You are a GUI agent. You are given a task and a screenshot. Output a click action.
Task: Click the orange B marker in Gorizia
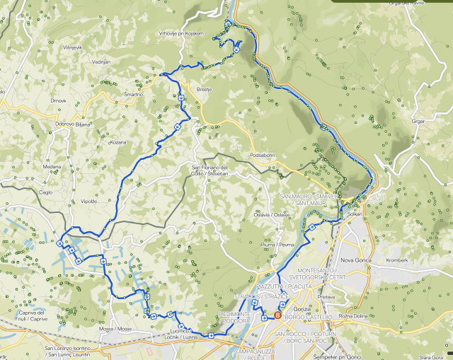click(277, 315)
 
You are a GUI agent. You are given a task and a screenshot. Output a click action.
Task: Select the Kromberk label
click(398, 260)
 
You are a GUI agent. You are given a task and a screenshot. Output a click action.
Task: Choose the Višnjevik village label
click(73, 47)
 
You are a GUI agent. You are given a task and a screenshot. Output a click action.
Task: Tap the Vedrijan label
click(101, 62)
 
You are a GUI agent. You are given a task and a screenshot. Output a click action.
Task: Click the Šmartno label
click(133, 94)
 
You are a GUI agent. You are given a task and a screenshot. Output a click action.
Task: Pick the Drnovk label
click(58, 100)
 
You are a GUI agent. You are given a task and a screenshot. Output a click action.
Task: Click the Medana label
click(52, 167)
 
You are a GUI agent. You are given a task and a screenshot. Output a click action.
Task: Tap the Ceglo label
click(46, 192)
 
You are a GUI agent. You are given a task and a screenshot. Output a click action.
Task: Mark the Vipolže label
click(88, 201)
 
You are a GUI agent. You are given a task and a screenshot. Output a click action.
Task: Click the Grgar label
click(418, 121)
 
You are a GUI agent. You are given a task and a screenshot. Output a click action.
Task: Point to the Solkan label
click(355, 213)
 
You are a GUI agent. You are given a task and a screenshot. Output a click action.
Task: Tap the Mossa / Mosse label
click(115, 329)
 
